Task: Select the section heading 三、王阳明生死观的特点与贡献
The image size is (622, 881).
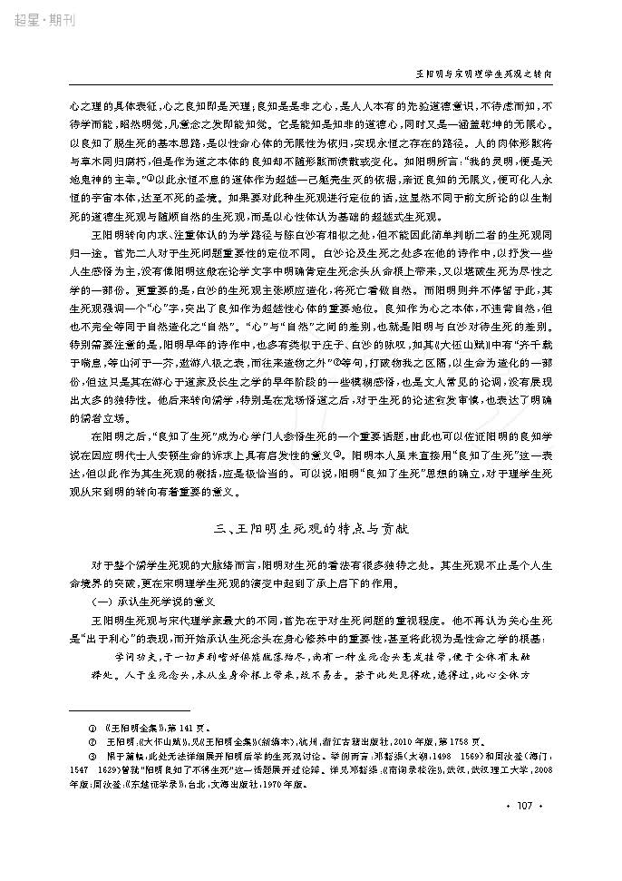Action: [310, 526]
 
